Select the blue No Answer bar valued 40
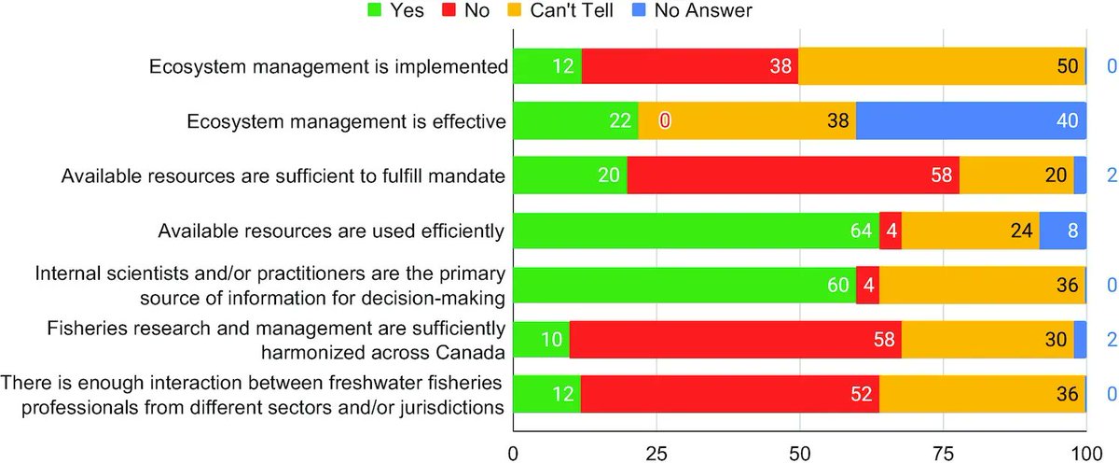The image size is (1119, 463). click(x=971, y=120)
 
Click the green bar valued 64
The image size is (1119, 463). click(x=697, y=230)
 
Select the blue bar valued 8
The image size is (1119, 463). click(x=1063, y=230)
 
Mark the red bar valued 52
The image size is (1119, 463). click(x=730, y=394)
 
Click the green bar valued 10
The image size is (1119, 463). click(x=541, y=339)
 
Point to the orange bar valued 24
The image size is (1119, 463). click(x=971, y=230)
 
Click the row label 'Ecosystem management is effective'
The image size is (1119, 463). click(x=346, y=120)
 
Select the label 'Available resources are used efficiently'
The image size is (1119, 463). click(x=332, y=230)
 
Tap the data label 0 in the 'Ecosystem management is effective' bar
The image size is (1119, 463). click(x=665, y=120)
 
